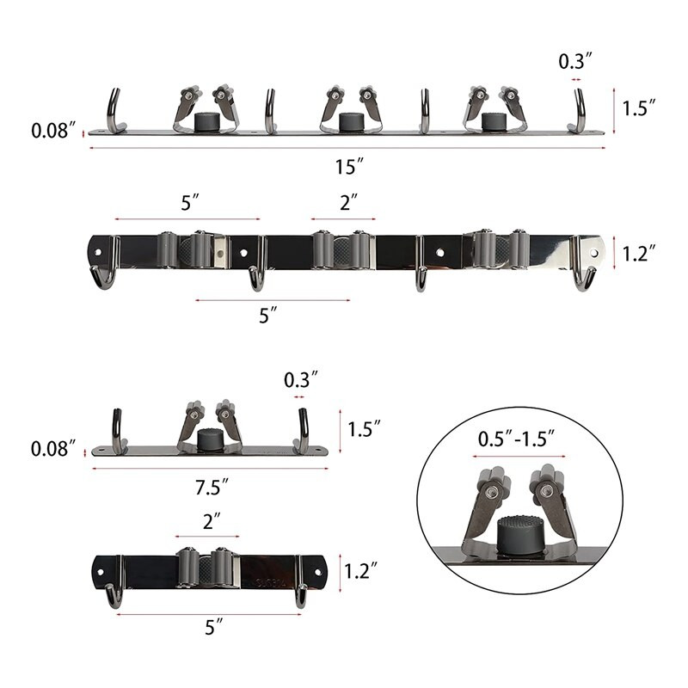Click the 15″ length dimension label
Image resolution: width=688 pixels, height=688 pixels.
(349, 167)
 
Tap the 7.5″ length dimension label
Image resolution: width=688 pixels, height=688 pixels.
(212, 488)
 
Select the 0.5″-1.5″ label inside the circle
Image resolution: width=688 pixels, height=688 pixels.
(516, 439)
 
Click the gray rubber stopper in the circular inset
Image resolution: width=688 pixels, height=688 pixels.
(518, 532)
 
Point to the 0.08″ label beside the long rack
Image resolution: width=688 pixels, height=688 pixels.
(53, 131)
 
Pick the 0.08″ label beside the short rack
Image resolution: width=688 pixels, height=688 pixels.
(52, 448)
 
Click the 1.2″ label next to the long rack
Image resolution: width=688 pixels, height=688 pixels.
(639, 254)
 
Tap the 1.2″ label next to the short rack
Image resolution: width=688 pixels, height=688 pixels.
(360, 571)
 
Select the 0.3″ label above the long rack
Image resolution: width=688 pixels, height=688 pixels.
(575, 61)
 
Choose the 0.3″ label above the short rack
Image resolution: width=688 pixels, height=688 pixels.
(300, 380)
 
